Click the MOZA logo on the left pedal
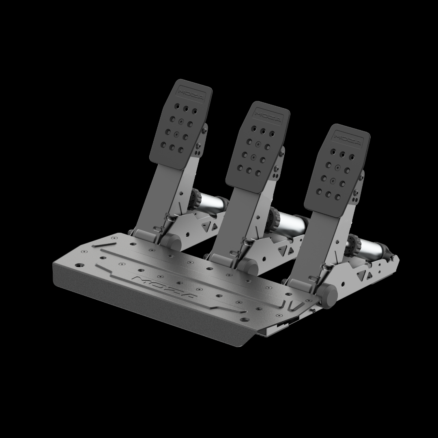[191, 94]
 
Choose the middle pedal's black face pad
[258, 147]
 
